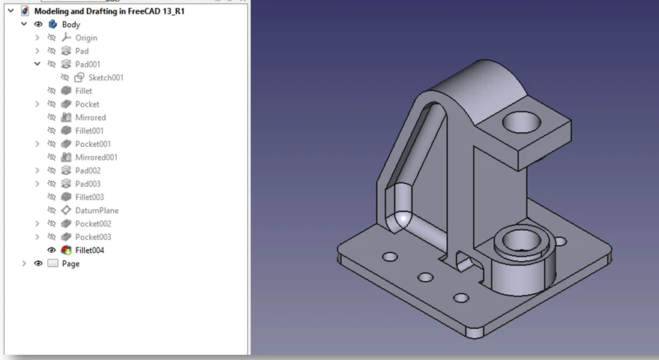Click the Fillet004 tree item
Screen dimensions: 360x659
click(x=89, y=250)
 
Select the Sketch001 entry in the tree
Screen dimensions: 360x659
click(x=106, y=78)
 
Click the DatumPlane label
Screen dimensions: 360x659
click(x=97, y=211)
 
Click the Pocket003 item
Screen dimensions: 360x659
click(x=93, y=237)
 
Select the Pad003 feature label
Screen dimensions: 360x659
click(x=88, y=184)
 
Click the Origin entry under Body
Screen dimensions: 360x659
click(x=86, y=38)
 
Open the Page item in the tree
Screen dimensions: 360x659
click(x=70, y=264)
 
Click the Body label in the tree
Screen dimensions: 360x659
click(x=70, y=25)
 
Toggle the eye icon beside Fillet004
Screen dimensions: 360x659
click(x=52, y=250)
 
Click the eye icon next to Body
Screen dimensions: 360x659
click(x=38, y=25)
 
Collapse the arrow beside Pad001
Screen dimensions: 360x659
click(x=37, y=64)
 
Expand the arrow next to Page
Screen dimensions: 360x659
click(x=24, y=264)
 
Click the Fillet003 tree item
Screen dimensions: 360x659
click(x=89, y=197)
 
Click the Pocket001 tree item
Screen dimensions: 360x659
click(x=93, y=144)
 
